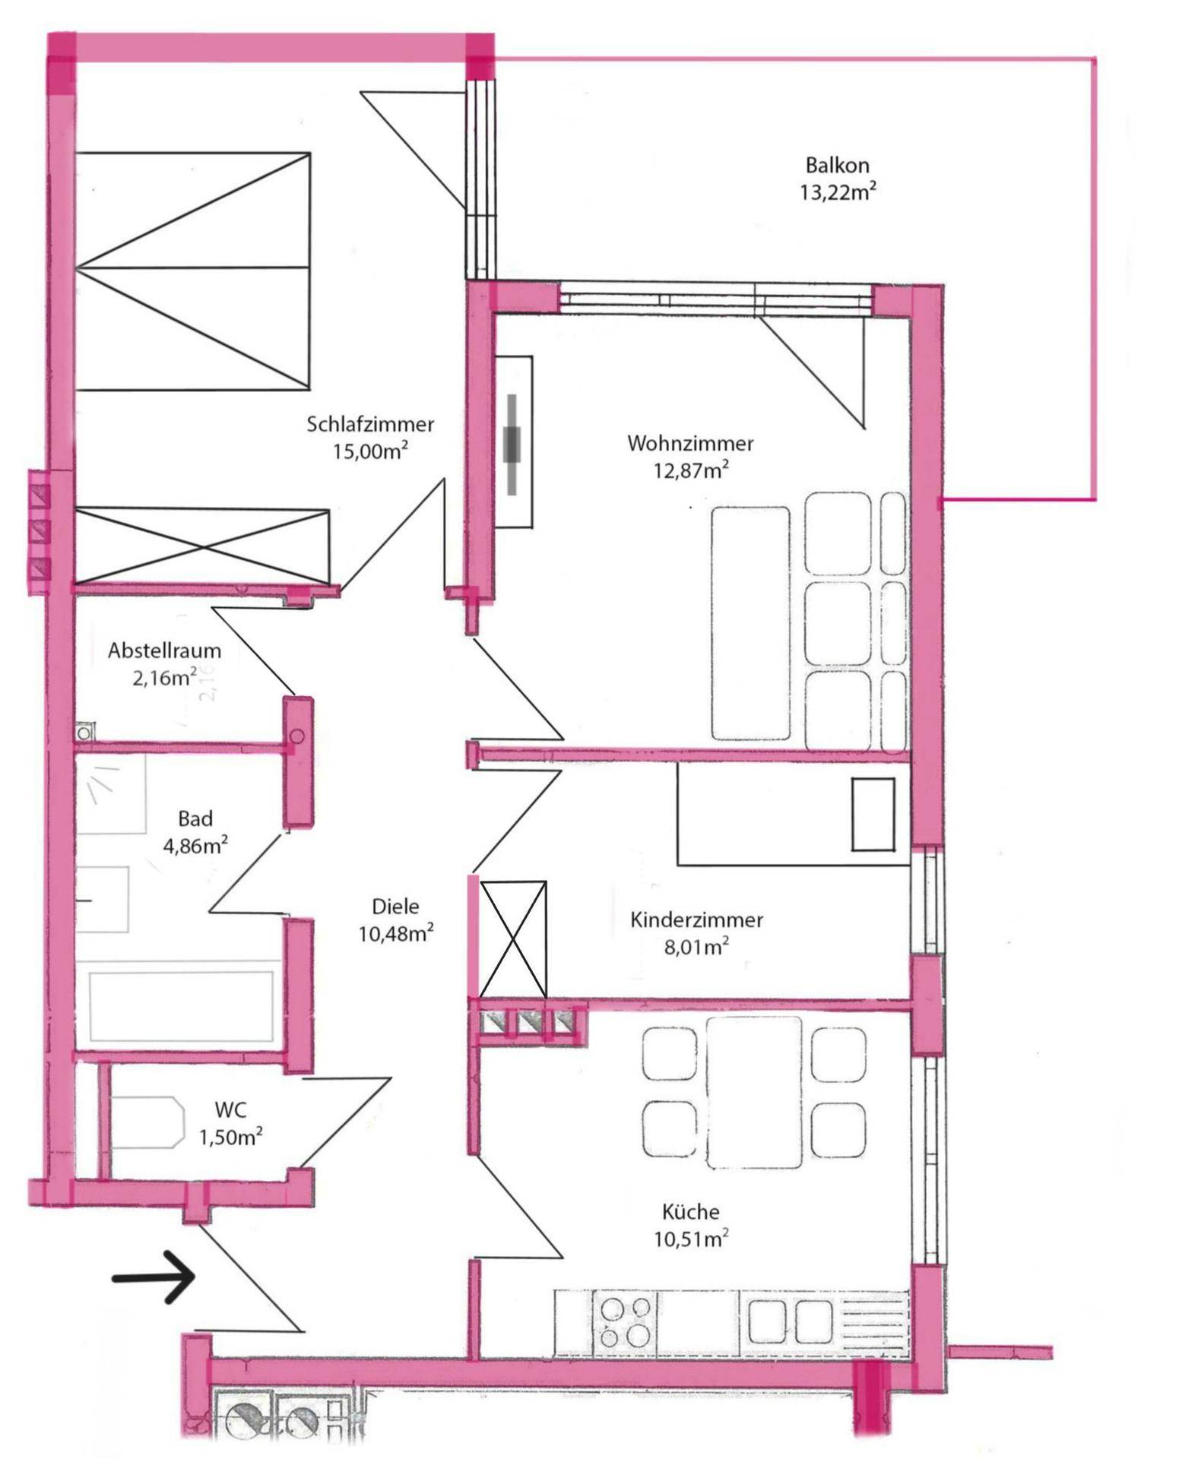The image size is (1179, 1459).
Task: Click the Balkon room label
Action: pos(837,165)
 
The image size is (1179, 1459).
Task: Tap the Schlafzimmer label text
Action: pos(370,424)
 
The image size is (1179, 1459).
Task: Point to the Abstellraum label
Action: pos(164,650)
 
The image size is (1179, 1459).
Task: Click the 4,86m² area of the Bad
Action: pos(195,845)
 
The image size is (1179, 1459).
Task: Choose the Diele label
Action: pos(395,906)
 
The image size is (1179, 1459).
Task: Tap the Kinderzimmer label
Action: pos(696,920)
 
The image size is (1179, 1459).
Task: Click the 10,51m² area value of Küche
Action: pos(691,1239)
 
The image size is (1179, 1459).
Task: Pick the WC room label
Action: pos(231,1109)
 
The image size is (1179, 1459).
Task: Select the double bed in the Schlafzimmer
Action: pos(193,271)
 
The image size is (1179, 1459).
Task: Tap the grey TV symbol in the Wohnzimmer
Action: pos(514,444)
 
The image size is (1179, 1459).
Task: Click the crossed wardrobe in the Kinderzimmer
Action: pos(513,939)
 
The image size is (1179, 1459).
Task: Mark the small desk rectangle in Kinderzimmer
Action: pos(873,815)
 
